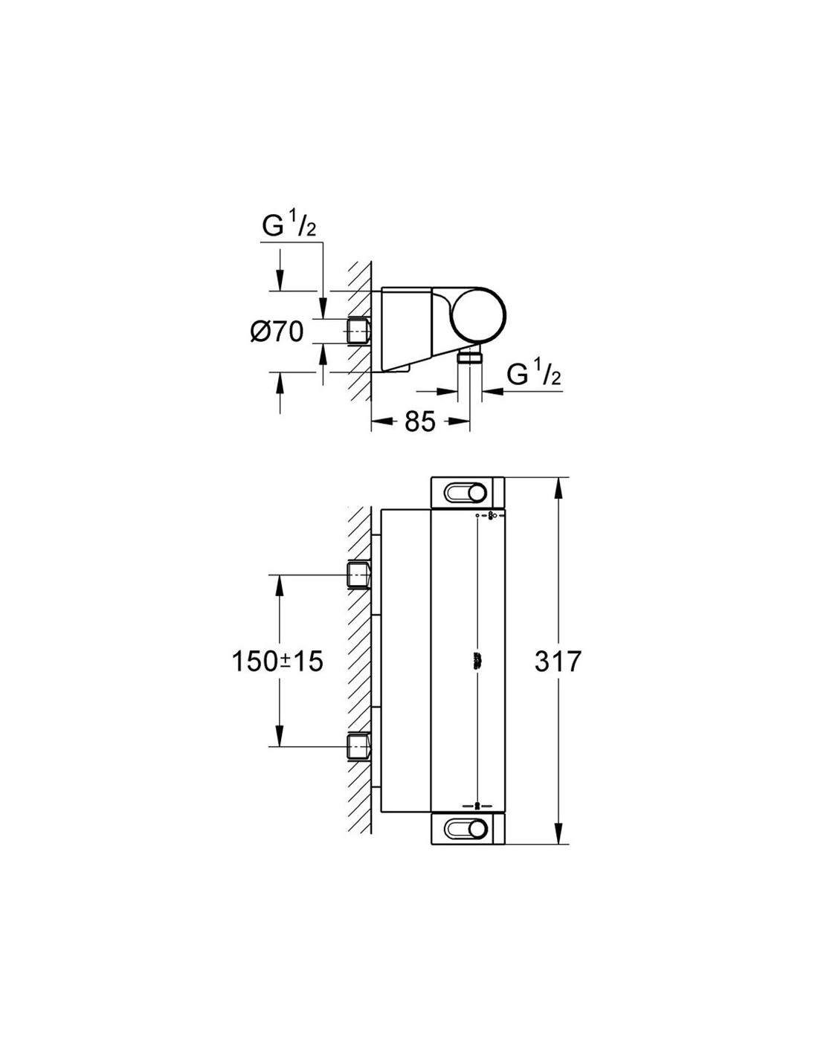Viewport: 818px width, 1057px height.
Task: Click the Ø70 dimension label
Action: (x=277, y=332)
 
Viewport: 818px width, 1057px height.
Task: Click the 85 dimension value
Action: (x=420, y=421)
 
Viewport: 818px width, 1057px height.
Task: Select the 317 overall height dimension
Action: (x=558, y=661)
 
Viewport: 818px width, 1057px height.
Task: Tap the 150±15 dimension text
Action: (x=277, y=662)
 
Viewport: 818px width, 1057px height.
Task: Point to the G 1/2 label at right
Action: (x=534, y=374)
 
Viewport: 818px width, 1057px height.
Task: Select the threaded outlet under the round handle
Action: (x=470, y=357)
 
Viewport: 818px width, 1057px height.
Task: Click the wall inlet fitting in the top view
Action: (x=358, y=332)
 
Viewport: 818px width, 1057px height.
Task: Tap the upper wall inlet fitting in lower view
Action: (x=358, y=575)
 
